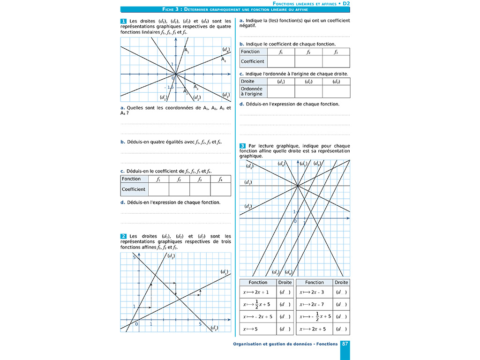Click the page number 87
coord(345,344)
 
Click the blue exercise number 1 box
coord(123,21)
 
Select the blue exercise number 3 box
coord(242,146)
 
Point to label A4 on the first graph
coord(224,60)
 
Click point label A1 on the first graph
coord(186,51)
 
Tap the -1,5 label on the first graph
coord(169,87)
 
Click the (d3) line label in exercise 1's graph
coord(226,95)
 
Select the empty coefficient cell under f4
coord(220,189)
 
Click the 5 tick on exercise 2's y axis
coord(134,258)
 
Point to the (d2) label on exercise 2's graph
coord(214,327)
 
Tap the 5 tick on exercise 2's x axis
coord(200,324)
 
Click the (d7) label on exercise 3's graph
coord(276,272)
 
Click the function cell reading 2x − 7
coord(314,304)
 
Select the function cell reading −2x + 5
coord(258,317)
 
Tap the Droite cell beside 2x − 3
coord(341,292)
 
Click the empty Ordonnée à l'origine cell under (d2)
coord(308,91)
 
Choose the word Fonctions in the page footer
coord(327,344)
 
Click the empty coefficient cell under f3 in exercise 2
coord(336,61)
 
